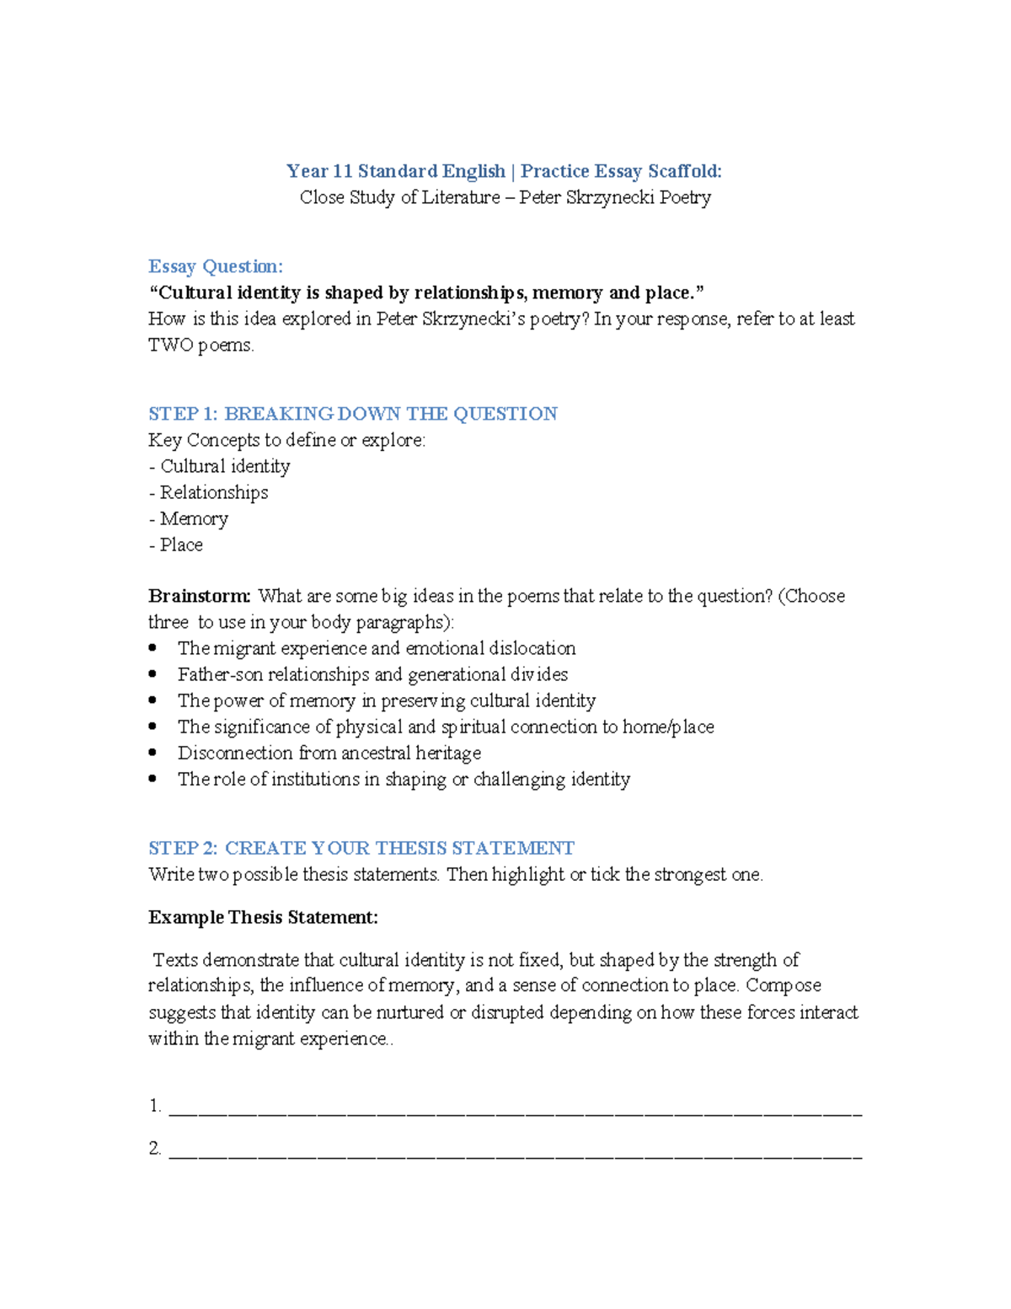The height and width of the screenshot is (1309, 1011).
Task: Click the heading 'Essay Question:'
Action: coord(216,266)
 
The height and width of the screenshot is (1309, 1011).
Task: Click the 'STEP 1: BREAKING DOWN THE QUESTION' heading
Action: coord(352,414)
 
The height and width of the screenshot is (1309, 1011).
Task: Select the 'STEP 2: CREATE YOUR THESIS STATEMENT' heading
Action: coord(361,848)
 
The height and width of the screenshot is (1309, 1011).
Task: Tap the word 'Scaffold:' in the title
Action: coord(684,171)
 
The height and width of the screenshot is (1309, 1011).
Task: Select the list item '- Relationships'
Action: coord(208,492)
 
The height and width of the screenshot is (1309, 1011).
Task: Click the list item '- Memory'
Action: coord(188,518)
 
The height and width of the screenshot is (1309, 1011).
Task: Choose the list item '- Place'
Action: coord(175,545)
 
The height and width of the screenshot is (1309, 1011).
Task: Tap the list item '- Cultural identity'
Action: coord(219,466)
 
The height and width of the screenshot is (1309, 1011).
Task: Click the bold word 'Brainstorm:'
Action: coord(199,596)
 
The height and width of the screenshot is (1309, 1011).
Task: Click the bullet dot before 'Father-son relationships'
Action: coord(152,674)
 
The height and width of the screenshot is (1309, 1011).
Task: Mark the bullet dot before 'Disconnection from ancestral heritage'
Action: coord(152,753)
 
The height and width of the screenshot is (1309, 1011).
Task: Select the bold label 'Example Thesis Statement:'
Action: coord(263,917)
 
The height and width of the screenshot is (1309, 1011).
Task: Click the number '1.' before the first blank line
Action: coord(155,1106)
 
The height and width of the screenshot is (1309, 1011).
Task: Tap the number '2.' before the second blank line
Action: coord(155,1148)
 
